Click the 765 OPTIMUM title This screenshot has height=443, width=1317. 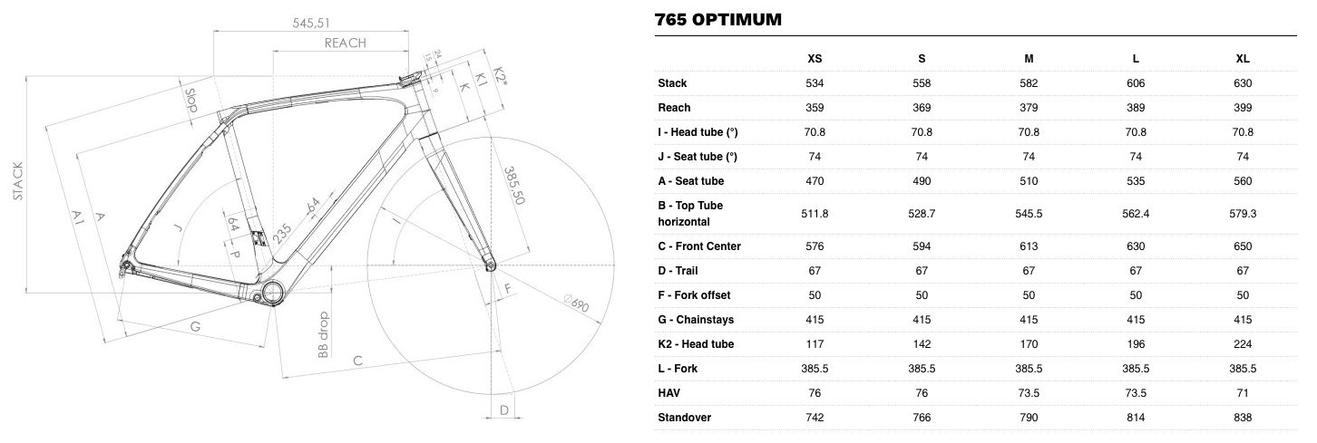click(x=717, y=19)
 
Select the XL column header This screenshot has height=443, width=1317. click(x=1243, y=59)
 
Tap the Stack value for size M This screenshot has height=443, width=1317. click(x=1029, y=83)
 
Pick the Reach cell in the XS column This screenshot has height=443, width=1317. click(x=815, y=108)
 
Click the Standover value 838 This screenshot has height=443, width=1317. click(x=1243, y=418)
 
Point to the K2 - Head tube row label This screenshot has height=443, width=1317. click(x=696, y=344)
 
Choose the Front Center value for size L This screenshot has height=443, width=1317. click(x=1136, y=246)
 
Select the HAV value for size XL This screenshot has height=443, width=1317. click(x=1243, y=393)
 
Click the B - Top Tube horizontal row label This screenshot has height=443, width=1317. click(x=690, y=214)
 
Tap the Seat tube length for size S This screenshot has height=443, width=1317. click(x=922, y=181)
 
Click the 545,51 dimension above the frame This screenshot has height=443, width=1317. click(x=311, y=23)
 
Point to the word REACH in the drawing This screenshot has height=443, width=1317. click(x=346, y=43)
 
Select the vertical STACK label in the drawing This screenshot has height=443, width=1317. click(x=18, y=181)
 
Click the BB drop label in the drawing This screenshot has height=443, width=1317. click(x=323, y=334)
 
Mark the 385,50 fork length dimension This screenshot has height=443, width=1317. click(x=514, y=186)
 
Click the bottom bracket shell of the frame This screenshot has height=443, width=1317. click(x=273, y=292)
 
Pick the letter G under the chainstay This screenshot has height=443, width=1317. click(x=196, y=327)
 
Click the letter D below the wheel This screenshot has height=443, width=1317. click(x=504, y=410)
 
